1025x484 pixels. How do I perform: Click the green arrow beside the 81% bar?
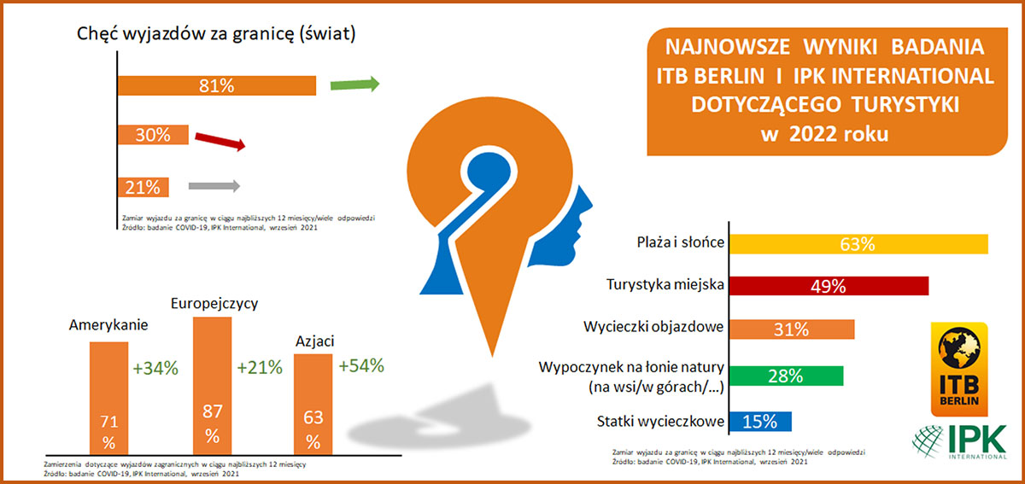pyautogui.click(x=355, y=85)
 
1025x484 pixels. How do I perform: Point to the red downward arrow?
pyautogui.click(x=220, y=141)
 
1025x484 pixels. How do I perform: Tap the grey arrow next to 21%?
pyautogui.click(x=214, y=186)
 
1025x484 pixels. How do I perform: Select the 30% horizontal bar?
pyautogui.click(x=153, y=135)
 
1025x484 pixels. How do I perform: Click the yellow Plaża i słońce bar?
pyautogui.click(x=858, y=244)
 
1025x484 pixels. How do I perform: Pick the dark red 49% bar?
pyautogui.click(x=829, y=286)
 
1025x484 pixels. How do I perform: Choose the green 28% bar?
pyautogui.click(x=786, y=376)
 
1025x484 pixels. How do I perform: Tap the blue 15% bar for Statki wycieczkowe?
pyautogui.click(x=760, y=422)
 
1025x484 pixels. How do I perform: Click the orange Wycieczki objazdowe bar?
pyautogui.click(x=792, y=329)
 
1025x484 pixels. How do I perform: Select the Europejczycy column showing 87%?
pyautogui.click(x=213, y=386)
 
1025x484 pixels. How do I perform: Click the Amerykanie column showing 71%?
pyautogui.click(x=109, y=398)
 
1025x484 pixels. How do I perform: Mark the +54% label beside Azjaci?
pyautogui.click(x=361, y=365)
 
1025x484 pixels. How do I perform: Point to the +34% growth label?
pyautogui.click(x=155, y=368)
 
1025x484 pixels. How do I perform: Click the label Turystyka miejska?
pyautogui.click(x=665, y=284)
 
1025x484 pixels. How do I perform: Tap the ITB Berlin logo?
pyautogui.click(x=959, y=369)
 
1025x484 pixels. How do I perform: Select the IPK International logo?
pyautogui.click(x=959, y=441)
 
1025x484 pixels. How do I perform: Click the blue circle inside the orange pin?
pyautogui.click(x=489, y=173)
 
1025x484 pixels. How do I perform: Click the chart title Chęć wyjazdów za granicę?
pyautogui.click(x=216, y=34)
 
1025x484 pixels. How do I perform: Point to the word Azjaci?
pyautogui.click(x=315, y=341)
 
